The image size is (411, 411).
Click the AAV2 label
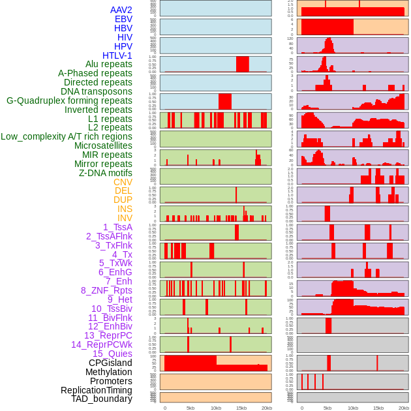121,10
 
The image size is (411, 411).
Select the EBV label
123,20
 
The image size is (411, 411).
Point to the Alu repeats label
108,64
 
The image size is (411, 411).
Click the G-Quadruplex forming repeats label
69,100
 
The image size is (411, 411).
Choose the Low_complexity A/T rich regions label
67,136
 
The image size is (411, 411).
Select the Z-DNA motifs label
106,173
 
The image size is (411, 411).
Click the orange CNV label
123,182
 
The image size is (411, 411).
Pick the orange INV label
125,218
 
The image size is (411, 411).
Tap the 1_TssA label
117,227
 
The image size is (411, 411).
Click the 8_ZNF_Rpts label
106,290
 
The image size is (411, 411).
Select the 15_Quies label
112,354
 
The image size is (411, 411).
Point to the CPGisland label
110,363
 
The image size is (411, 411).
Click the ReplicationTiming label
97,390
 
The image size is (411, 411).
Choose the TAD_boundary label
102,399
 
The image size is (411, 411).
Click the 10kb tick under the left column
216,408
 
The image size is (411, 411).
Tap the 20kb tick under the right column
404,408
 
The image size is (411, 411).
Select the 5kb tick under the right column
327,408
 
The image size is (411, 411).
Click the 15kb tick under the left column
241,408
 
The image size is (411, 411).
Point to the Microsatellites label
103,145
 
